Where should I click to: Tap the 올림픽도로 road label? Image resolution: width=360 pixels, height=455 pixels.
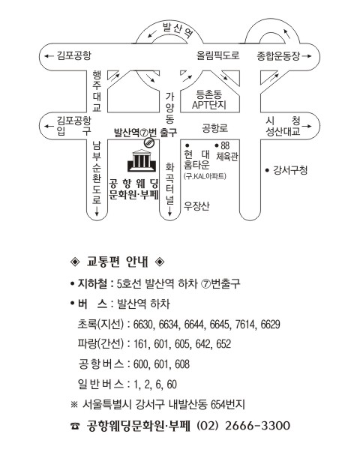point(217,55)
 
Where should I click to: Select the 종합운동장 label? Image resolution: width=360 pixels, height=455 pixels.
point(278,55)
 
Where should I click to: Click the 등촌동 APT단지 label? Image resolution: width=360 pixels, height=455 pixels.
point(209,100)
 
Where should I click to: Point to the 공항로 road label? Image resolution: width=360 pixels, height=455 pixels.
point(215,128)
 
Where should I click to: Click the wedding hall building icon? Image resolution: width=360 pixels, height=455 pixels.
point(141,160)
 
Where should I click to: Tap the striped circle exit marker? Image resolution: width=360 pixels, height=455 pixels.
point(149,142)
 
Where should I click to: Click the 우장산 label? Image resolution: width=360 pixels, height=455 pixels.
point(196,206)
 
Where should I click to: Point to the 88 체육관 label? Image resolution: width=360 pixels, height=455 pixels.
point(226,151)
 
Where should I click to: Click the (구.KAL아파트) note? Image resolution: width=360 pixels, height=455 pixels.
point(205,176)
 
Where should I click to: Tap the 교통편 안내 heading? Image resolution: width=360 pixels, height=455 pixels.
point(118,262)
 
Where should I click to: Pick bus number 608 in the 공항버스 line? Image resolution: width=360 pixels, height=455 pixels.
point(182,364)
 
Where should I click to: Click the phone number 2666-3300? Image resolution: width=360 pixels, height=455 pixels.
point(257,426)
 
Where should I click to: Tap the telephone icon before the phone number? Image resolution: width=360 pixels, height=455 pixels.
point(74,426)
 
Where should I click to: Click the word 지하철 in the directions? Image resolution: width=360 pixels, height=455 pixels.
point(92,283)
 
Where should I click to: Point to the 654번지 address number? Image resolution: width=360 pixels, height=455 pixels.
point(227,404)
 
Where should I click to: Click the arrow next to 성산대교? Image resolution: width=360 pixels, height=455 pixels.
point(307,127)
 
